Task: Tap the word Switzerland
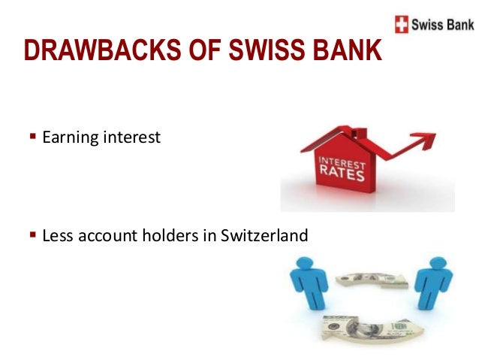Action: click(264, 236)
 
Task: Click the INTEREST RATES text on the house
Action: click(342, 169)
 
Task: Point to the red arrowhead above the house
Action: click(427, 140)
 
